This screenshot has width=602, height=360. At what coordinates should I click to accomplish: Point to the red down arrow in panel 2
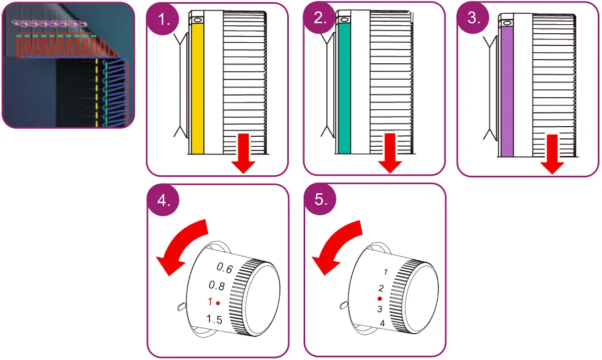[390, 153]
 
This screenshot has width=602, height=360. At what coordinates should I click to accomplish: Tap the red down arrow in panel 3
[552, 154]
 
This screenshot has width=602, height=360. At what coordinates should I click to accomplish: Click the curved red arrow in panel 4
[181, 248]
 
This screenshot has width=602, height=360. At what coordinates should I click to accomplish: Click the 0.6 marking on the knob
[225, 269]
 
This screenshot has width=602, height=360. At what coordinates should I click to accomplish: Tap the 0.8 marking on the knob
[217, 286]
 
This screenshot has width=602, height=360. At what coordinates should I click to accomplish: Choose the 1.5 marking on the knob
[214, 319]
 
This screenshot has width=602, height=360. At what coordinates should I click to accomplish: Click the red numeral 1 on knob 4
[210, 302]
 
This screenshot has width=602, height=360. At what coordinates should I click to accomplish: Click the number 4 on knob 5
[382, 323]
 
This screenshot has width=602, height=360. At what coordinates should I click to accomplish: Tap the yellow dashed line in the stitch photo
[97, 92]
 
